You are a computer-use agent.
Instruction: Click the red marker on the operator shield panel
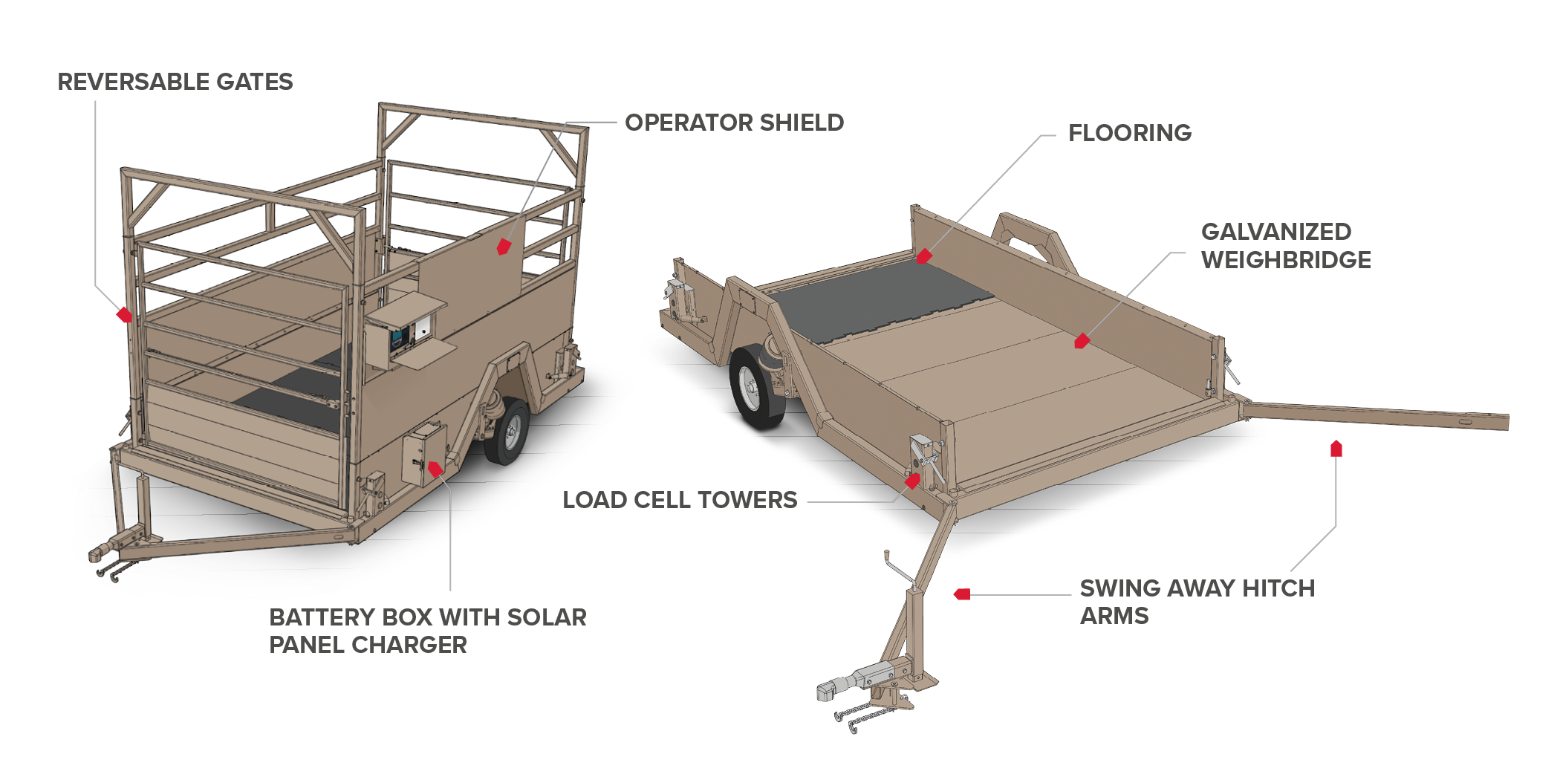504,247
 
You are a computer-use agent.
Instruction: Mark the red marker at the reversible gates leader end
124,315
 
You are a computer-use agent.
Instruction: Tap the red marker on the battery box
435,469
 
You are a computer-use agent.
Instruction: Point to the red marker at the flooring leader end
924,256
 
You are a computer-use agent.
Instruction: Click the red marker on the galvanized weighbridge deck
1082,341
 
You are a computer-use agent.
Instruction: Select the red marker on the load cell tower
913,481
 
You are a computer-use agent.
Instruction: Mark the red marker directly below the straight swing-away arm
1336,449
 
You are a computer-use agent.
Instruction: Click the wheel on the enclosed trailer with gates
508,432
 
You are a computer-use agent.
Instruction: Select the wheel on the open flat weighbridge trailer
756,388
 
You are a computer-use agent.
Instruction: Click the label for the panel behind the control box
734,123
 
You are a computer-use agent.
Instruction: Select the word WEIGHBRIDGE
1286,260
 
